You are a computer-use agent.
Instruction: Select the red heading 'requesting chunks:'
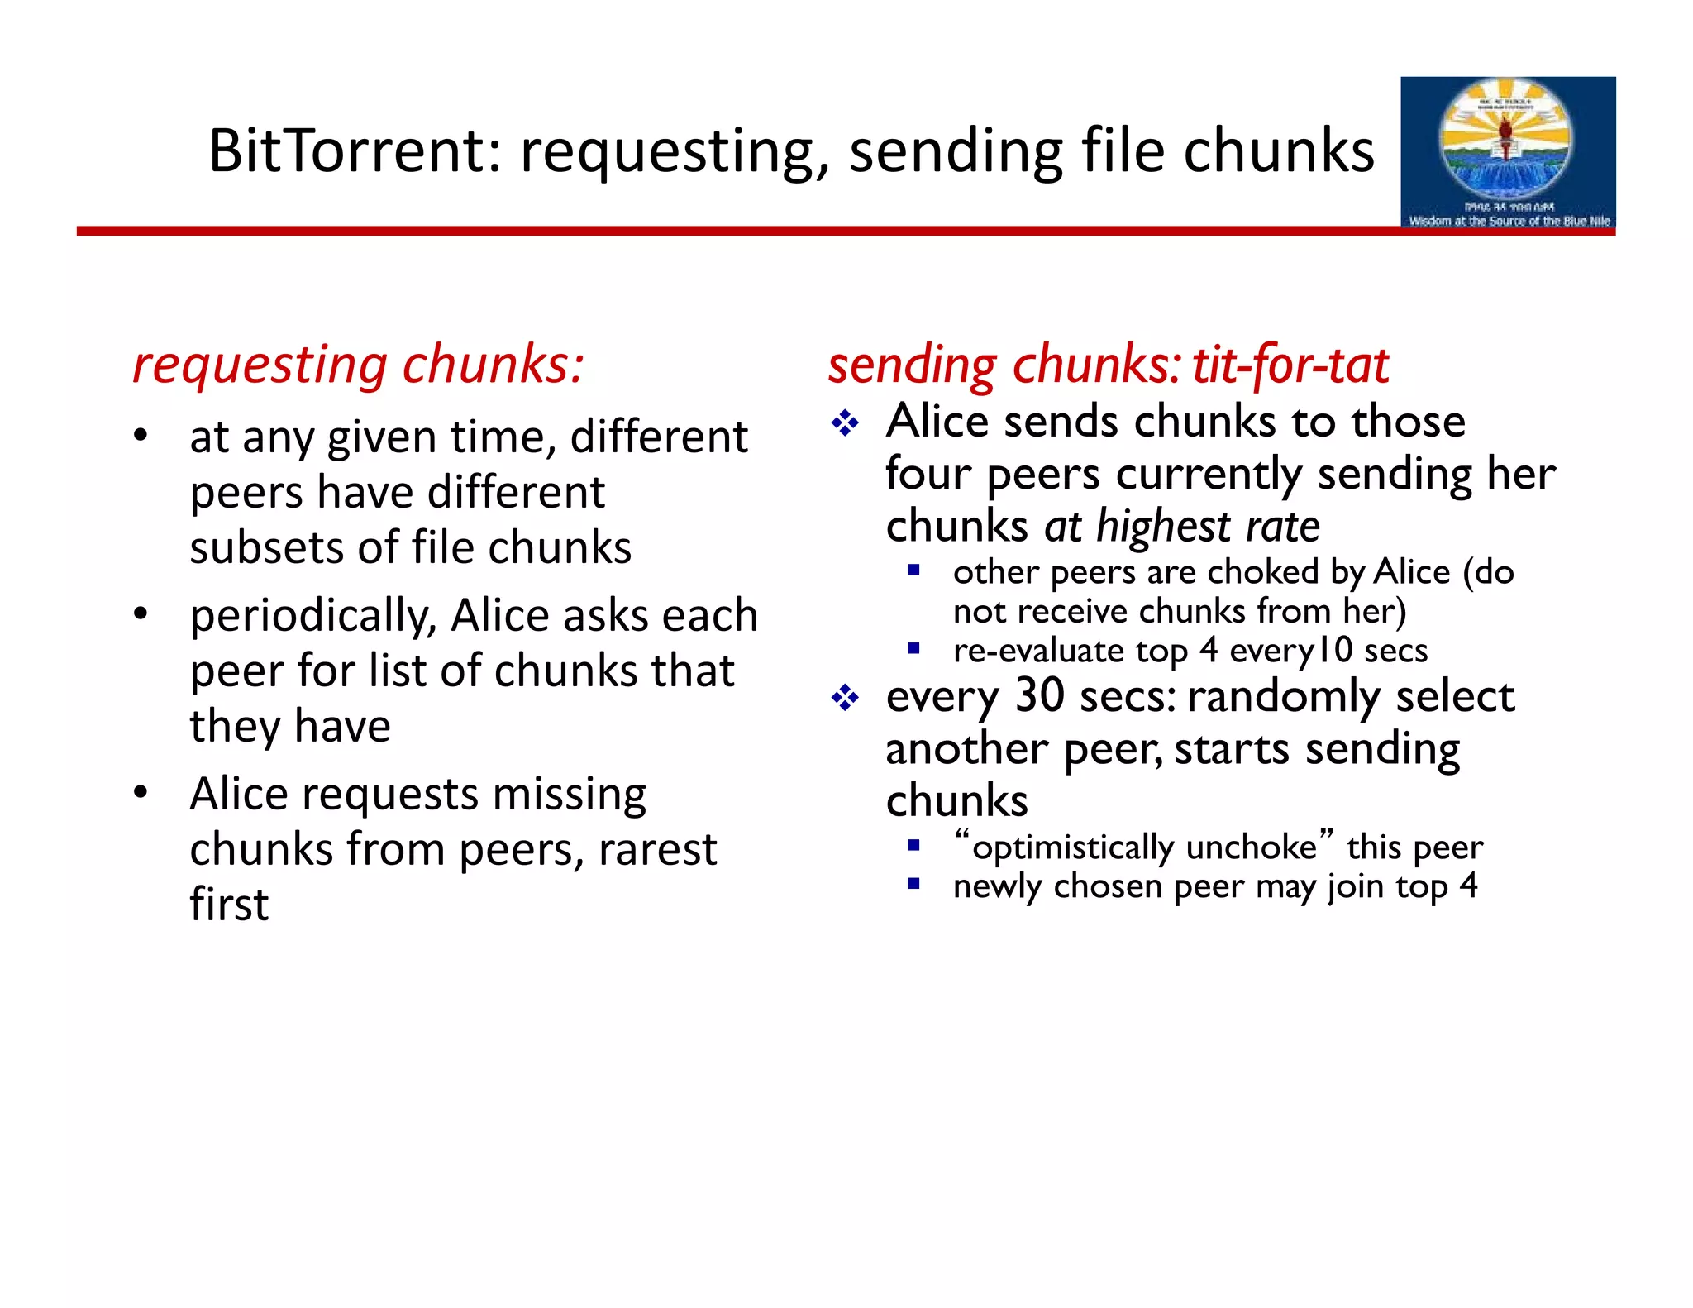(x=358, y=364)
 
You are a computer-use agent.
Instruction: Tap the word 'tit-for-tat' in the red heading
(x=1290, y=365)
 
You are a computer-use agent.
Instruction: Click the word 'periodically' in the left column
(x=312, y=617)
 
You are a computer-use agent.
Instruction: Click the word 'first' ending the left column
(x=229, y=905)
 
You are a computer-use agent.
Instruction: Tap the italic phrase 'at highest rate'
(x=1182, y=527)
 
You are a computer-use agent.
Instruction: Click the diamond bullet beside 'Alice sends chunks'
(x=845, y=424)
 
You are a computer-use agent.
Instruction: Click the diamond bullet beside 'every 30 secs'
(x=845, y=699)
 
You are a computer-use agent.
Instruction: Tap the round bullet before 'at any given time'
(x=141, y=435)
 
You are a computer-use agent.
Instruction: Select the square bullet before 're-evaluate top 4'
(x=913, y=649)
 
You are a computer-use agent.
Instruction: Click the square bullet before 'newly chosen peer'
(x=913, y=884)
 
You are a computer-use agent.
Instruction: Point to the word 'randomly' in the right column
(x=1284, y=696)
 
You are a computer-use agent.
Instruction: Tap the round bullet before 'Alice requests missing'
(x=141, y=792)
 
